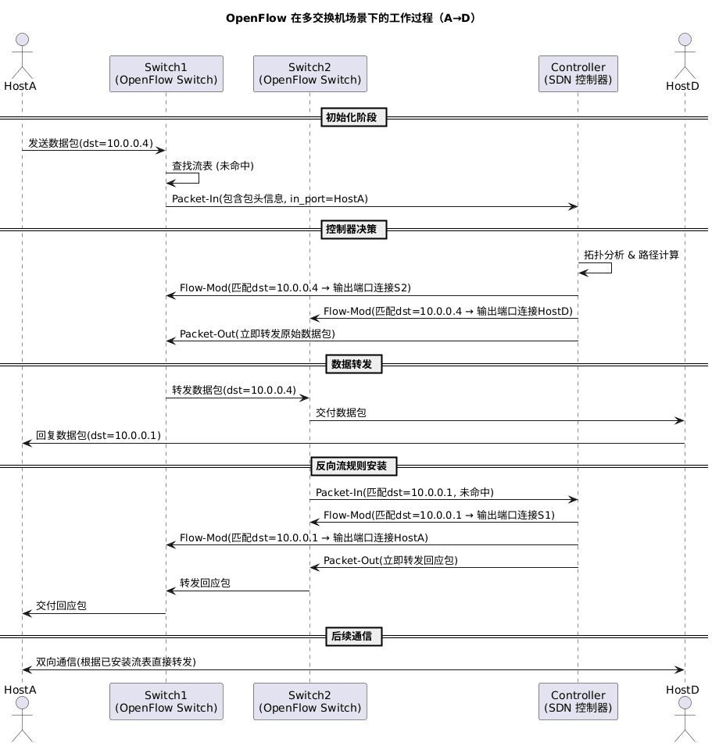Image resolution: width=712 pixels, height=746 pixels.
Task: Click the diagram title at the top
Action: [351, 18]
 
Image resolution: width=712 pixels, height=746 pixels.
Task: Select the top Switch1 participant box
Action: [166, 73]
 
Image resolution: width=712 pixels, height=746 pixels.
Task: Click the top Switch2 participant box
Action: [309, 73]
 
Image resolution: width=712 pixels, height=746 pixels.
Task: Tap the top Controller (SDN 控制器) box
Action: [578, 73]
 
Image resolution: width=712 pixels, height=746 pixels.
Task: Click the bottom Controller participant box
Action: [578, 701]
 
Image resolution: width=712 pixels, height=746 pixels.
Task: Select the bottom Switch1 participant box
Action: [166, 701]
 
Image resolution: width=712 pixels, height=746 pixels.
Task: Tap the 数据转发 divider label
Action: [353, 364]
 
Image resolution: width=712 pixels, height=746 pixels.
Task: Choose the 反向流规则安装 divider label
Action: [353, 466]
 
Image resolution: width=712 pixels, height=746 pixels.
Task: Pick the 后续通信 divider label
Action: [353, 637]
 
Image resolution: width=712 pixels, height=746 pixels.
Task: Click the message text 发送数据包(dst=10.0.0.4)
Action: [91, 144]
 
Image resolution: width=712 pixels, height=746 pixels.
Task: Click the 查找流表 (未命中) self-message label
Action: [213, 166]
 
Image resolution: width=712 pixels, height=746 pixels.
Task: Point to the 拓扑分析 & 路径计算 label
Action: [631, 255]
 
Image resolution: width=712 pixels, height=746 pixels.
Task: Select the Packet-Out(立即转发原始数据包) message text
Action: [257, 334]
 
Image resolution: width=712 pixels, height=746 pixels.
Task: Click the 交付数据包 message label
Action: [341, 413]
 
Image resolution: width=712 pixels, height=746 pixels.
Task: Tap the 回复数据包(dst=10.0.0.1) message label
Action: [98, 436]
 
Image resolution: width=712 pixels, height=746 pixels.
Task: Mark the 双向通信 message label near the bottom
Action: [116, 662]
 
